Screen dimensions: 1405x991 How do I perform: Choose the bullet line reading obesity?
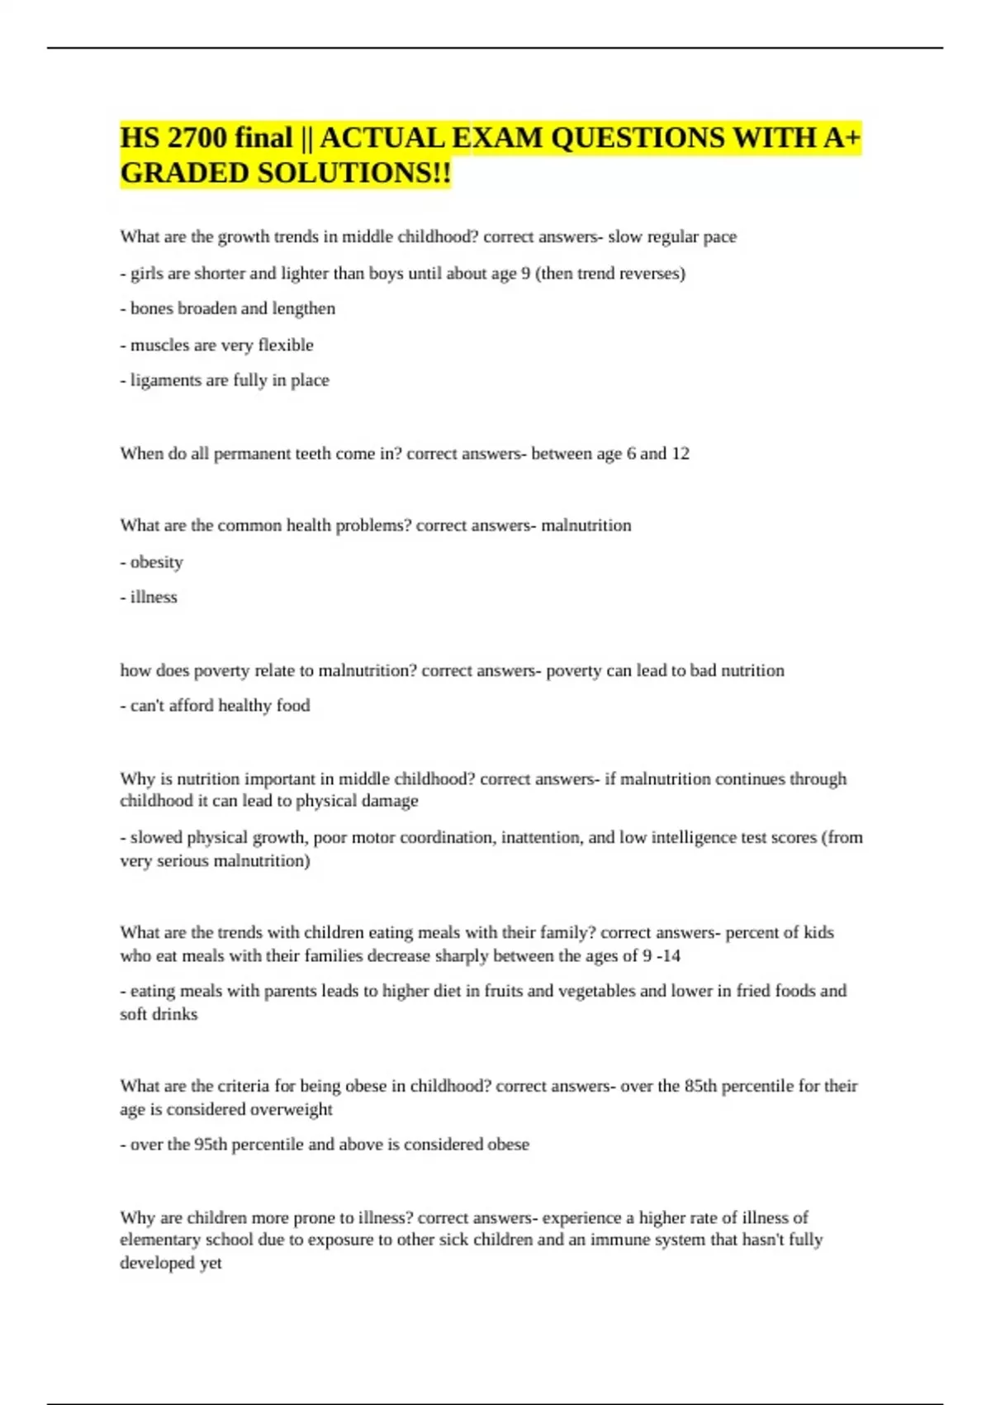tap(156, 562)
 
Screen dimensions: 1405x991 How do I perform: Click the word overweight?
tap(291, 1109)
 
